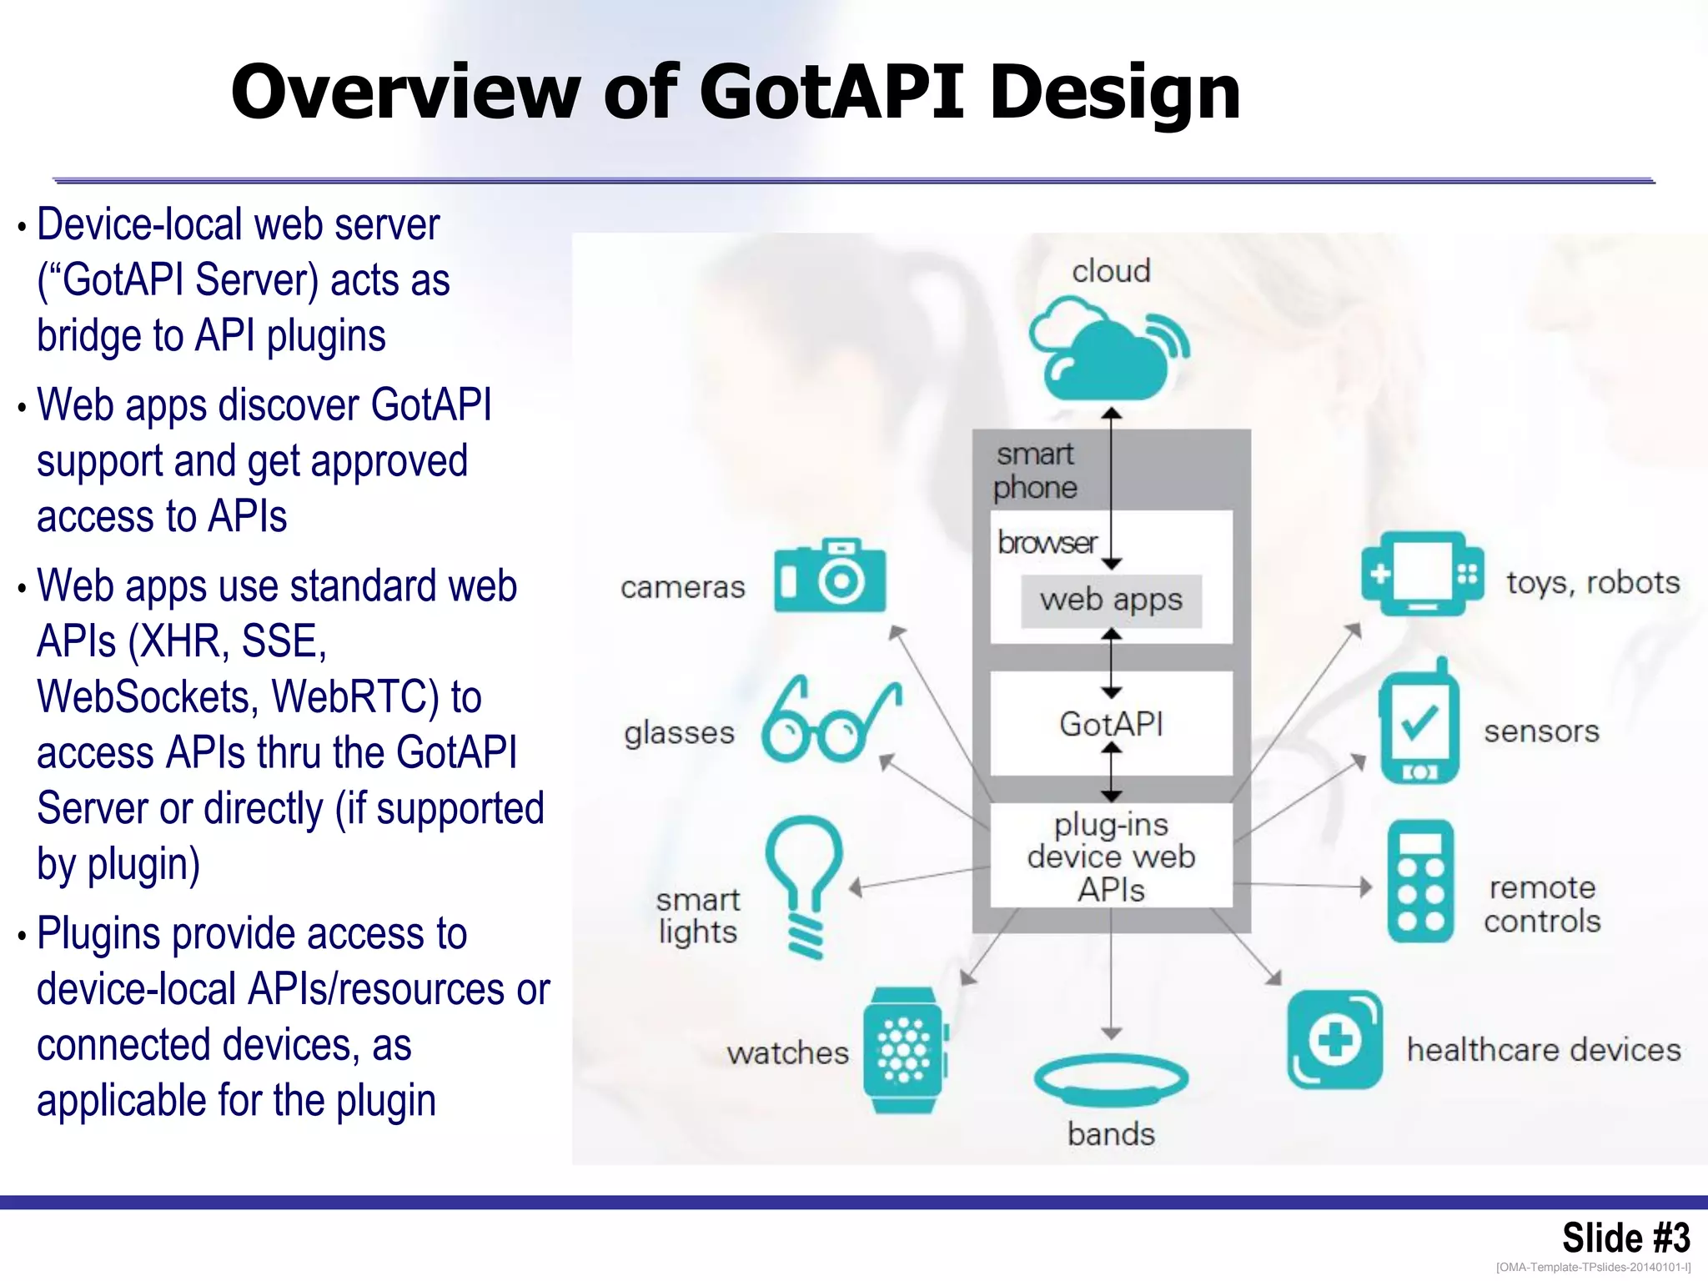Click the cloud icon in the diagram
click(x=1105, y=350)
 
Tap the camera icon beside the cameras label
click(x=829, y=576)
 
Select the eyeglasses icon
click(x=830, y=721)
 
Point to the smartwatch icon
click(x=904, y=1050)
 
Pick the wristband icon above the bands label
click(x=1110, y=1078)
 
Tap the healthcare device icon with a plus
click(x=1334, y=1040)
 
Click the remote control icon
click(x=1420, y=882)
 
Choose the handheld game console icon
click(x=1422, y=574)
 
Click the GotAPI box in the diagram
click(x=1111, y=724)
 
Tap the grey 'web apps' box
click(x=1111, y=600)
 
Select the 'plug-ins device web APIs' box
click(x=1111, y=857)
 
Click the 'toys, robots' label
click(x=1592, y=583)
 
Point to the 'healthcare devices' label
click(x=1543, y=1050)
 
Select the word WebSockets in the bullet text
click(x=147, y=697)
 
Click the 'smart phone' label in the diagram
click(x=1035, y=471)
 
